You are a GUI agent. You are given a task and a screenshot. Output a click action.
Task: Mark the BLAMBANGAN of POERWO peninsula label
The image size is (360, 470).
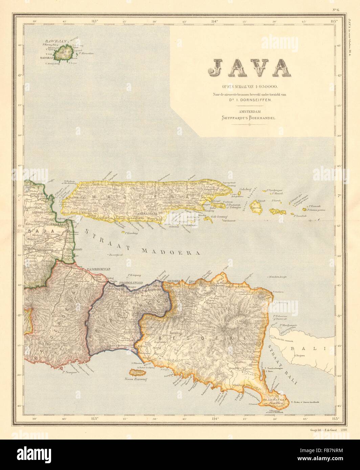coord(274,401)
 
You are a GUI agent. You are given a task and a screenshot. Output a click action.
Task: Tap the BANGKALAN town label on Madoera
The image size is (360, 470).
coord(76,197)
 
